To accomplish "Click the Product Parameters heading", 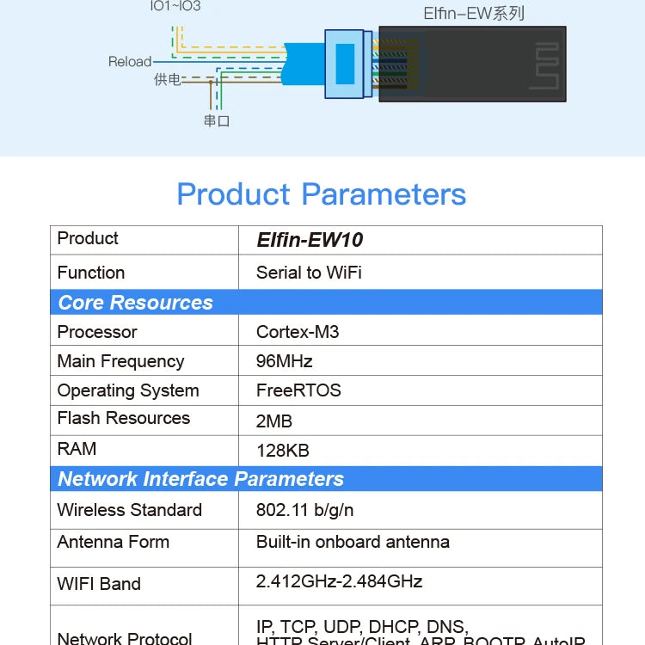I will tap(321, 194).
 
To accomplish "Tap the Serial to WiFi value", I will tap(309, 273).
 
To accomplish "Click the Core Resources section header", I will tap(135, 303).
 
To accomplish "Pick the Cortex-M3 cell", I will tap(298, 332).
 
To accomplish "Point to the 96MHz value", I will tap(284, 361).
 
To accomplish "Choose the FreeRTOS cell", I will tap(298, 390).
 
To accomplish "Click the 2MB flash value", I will tap(274, 421).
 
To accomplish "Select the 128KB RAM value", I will tap(282, 450).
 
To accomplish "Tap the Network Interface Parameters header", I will tap(200, 479).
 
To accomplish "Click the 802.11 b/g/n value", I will tap(304, 510).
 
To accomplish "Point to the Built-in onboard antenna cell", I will tap(353, 542).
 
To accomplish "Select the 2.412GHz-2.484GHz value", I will tap(339, 581).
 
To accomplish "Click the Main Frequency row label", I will tap(120, 361).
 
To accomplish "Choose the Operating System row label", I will tap(128, 390).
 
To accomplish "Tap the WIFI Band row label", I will tap(99, 584).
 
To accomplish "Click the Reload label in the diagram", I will tap(129, 62).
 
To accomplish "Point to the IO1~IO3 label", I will tap(175, 7).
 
